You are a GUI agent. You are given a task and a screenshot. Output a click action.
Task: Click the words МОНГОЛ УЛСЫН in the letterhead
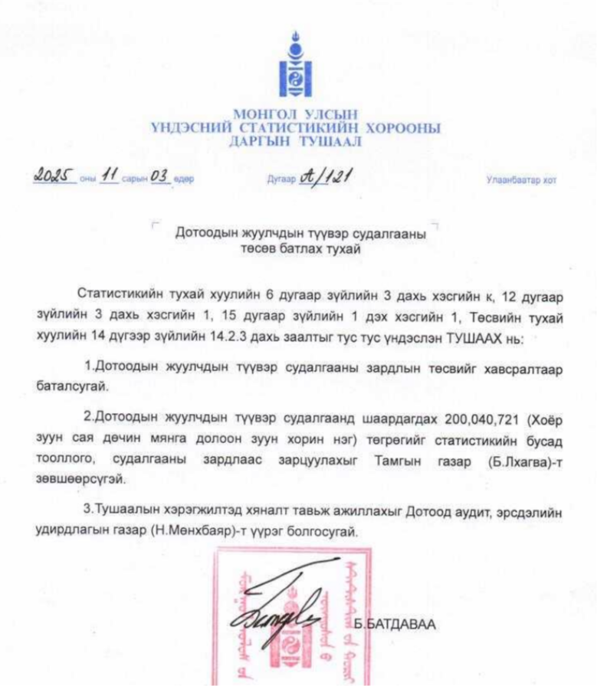[296, 116]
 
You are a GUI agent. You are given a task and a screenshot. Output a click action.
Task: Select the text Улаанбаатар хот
[521, 181]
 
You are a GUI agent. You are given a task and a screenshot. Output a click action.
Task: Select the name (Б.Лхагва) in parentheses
[507, 458]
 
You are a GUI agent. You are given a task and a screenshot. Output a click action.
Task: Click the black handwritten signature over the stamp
[291, 613]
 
